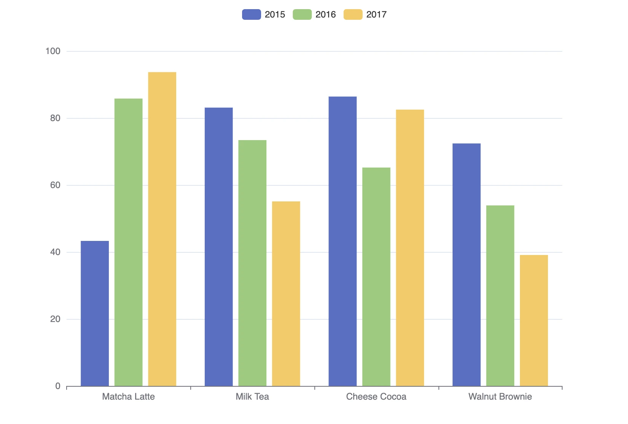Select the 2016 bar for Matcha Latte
coord(128,242)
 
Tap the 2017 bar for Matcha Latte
coord(162,229)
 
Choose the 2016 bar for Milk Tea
coord(252,263)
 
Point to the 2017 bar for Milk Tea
coord(286,293)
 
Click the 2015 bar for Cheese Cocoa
coord(343,241)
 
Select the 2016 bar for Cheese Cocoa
coord(376,277)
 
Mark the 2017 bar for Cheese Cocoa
coord(410,248)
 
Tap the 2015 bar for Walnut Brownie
coord(466,265)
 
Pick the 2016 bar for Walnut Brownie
coord(500,296)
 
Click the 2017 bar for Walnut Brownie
coord(534,320)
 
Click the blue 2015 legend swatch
coord(252,14)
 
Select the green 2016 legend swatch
coord(302,14)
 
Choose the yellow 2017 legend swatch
coord(353,14)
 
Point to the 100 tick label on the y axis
coord(53,51)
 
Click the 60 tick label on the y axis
coord(55,185)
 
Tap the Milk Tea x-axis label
coord(252,397)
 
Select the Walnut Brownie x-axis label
coord(500,397)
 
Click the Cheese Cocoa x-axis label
coord(376,397)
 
